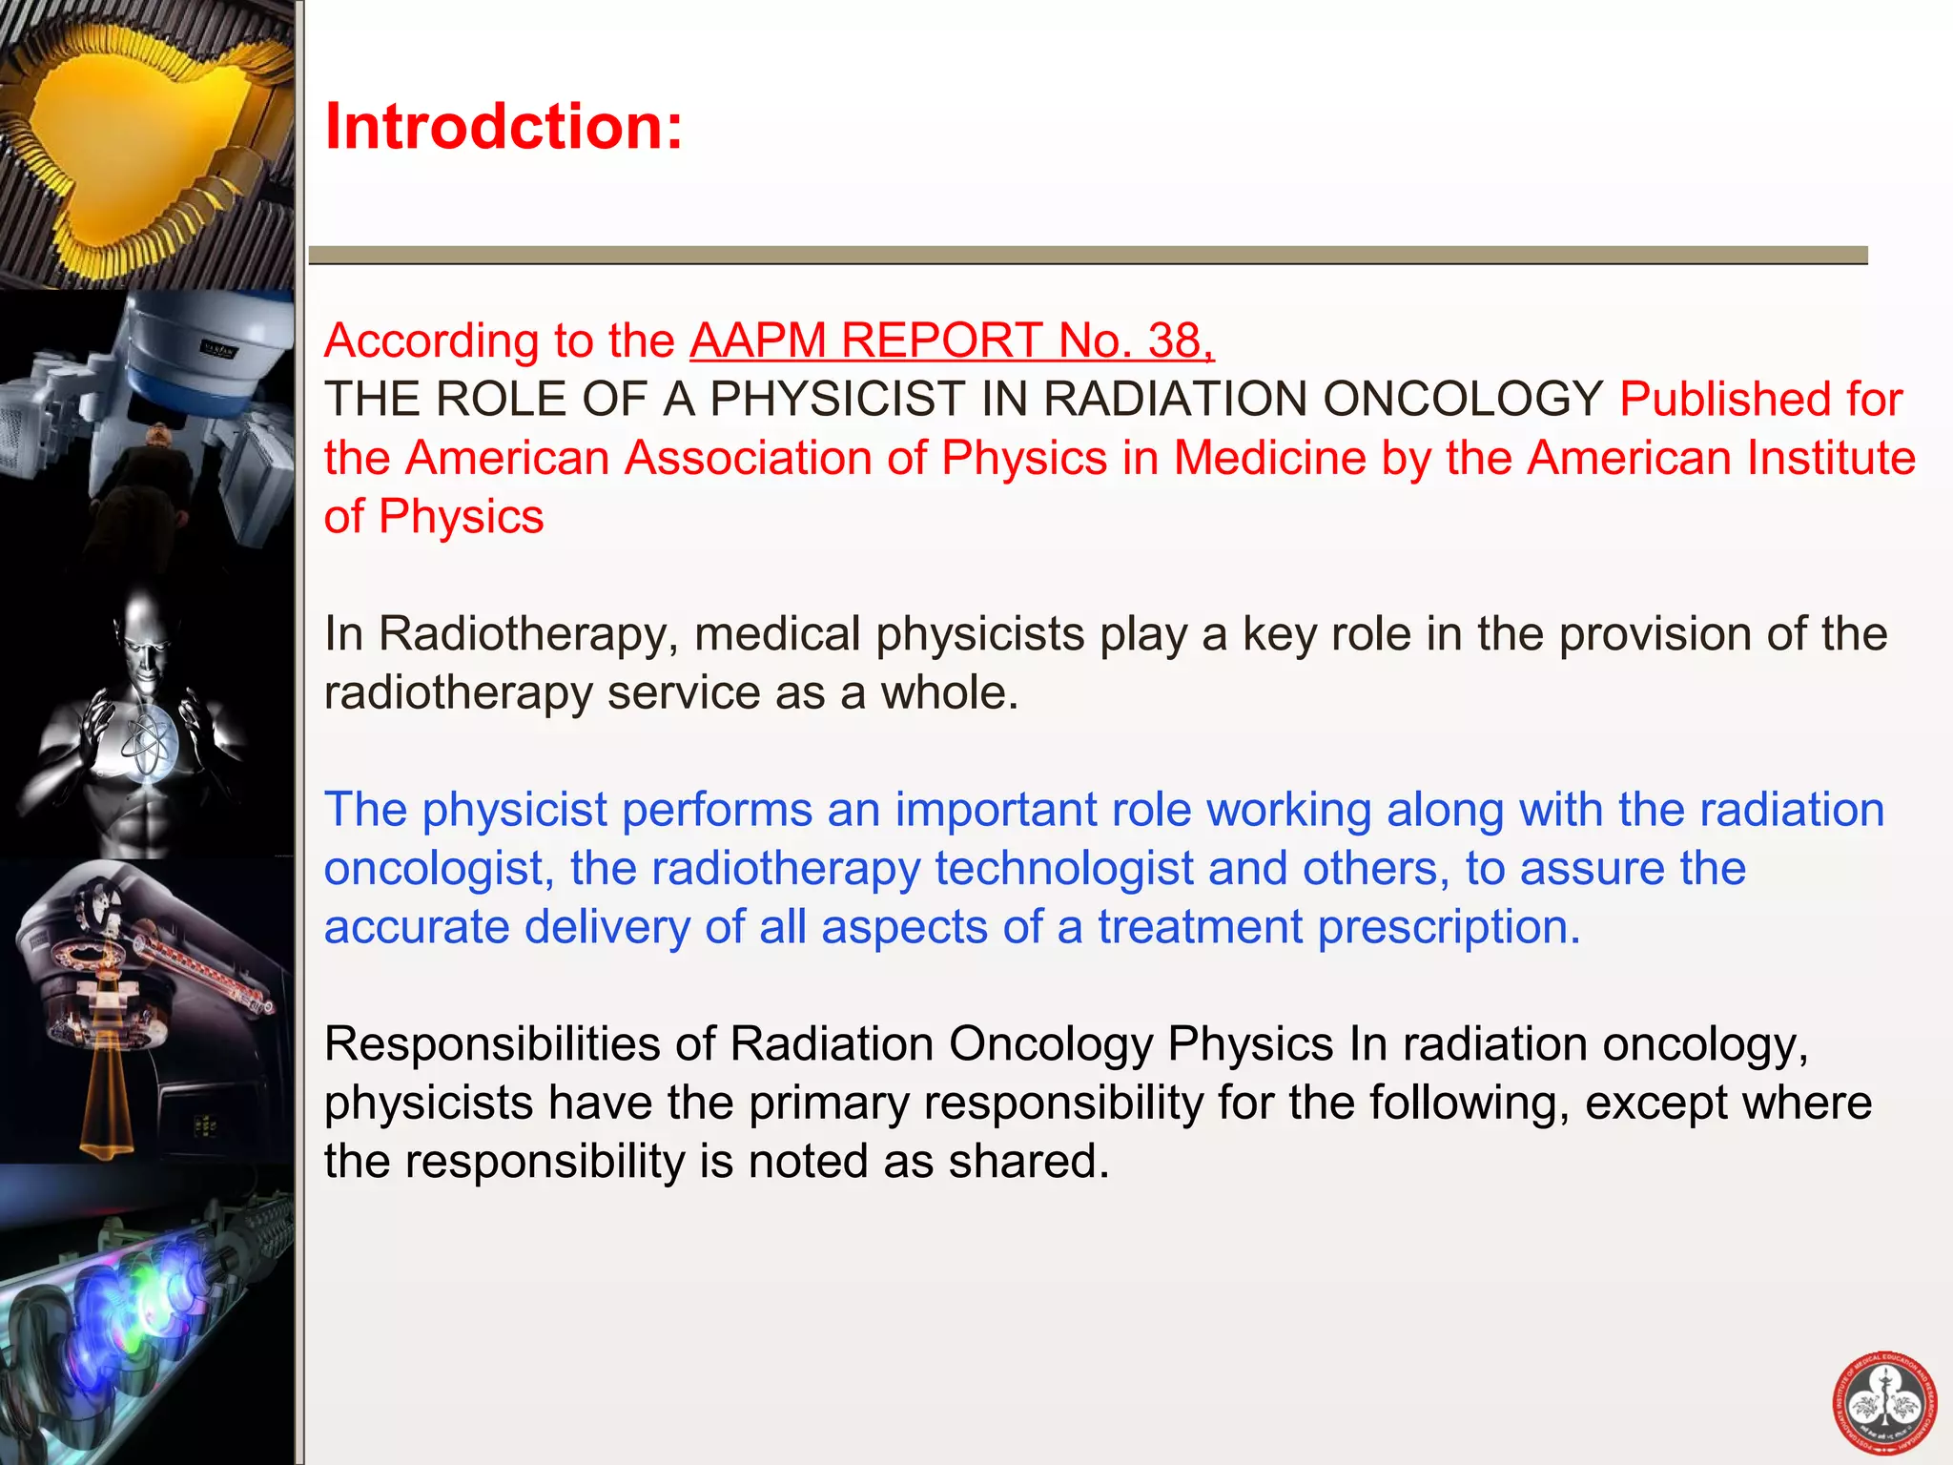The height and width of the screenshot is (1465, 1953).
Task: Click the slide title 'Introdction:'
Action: tap(504, 127)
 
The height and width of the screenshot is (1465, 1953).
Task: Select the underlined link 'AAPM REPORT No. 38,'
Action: tap(952, 340)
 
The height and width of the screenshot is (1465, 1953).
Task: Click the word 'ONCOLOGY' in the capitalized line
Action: tap(1463, 399)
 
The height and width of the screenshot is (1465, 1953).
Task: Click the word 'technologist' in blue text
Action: tap(1064, 869)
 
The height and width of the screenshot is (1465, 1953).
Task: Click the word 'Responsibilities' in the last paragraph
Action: tap(492, 1044)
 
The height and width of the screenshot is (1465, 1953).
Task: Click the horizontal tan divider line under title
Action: tap(1087, 255)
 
